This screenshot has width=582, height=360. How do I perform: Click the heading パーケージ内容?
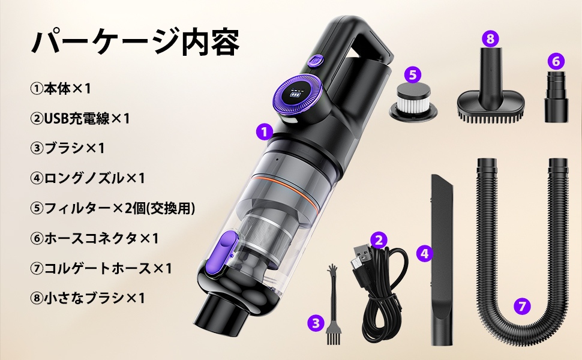click(x=136, y=43)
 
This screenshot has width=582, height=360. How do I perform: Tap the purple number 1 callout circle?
click(x=264, y=131)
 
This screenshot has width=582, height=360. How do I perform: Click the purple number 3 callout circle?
click(x=316, y=323)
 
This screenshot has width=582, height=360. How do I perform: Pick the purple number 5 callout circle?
click(x=412, y=74)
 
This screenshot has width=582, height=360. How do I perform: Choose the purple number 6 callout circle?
click(x=556, y=61)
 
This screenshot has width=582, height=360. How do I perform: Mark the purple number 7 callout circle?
click(x=523, y=306)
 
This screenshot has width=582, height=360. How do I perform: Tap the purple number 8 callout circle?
click(x=491, y=40)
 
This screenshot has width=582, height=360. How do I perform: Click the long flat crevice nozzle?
click(x=442, y=258)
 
